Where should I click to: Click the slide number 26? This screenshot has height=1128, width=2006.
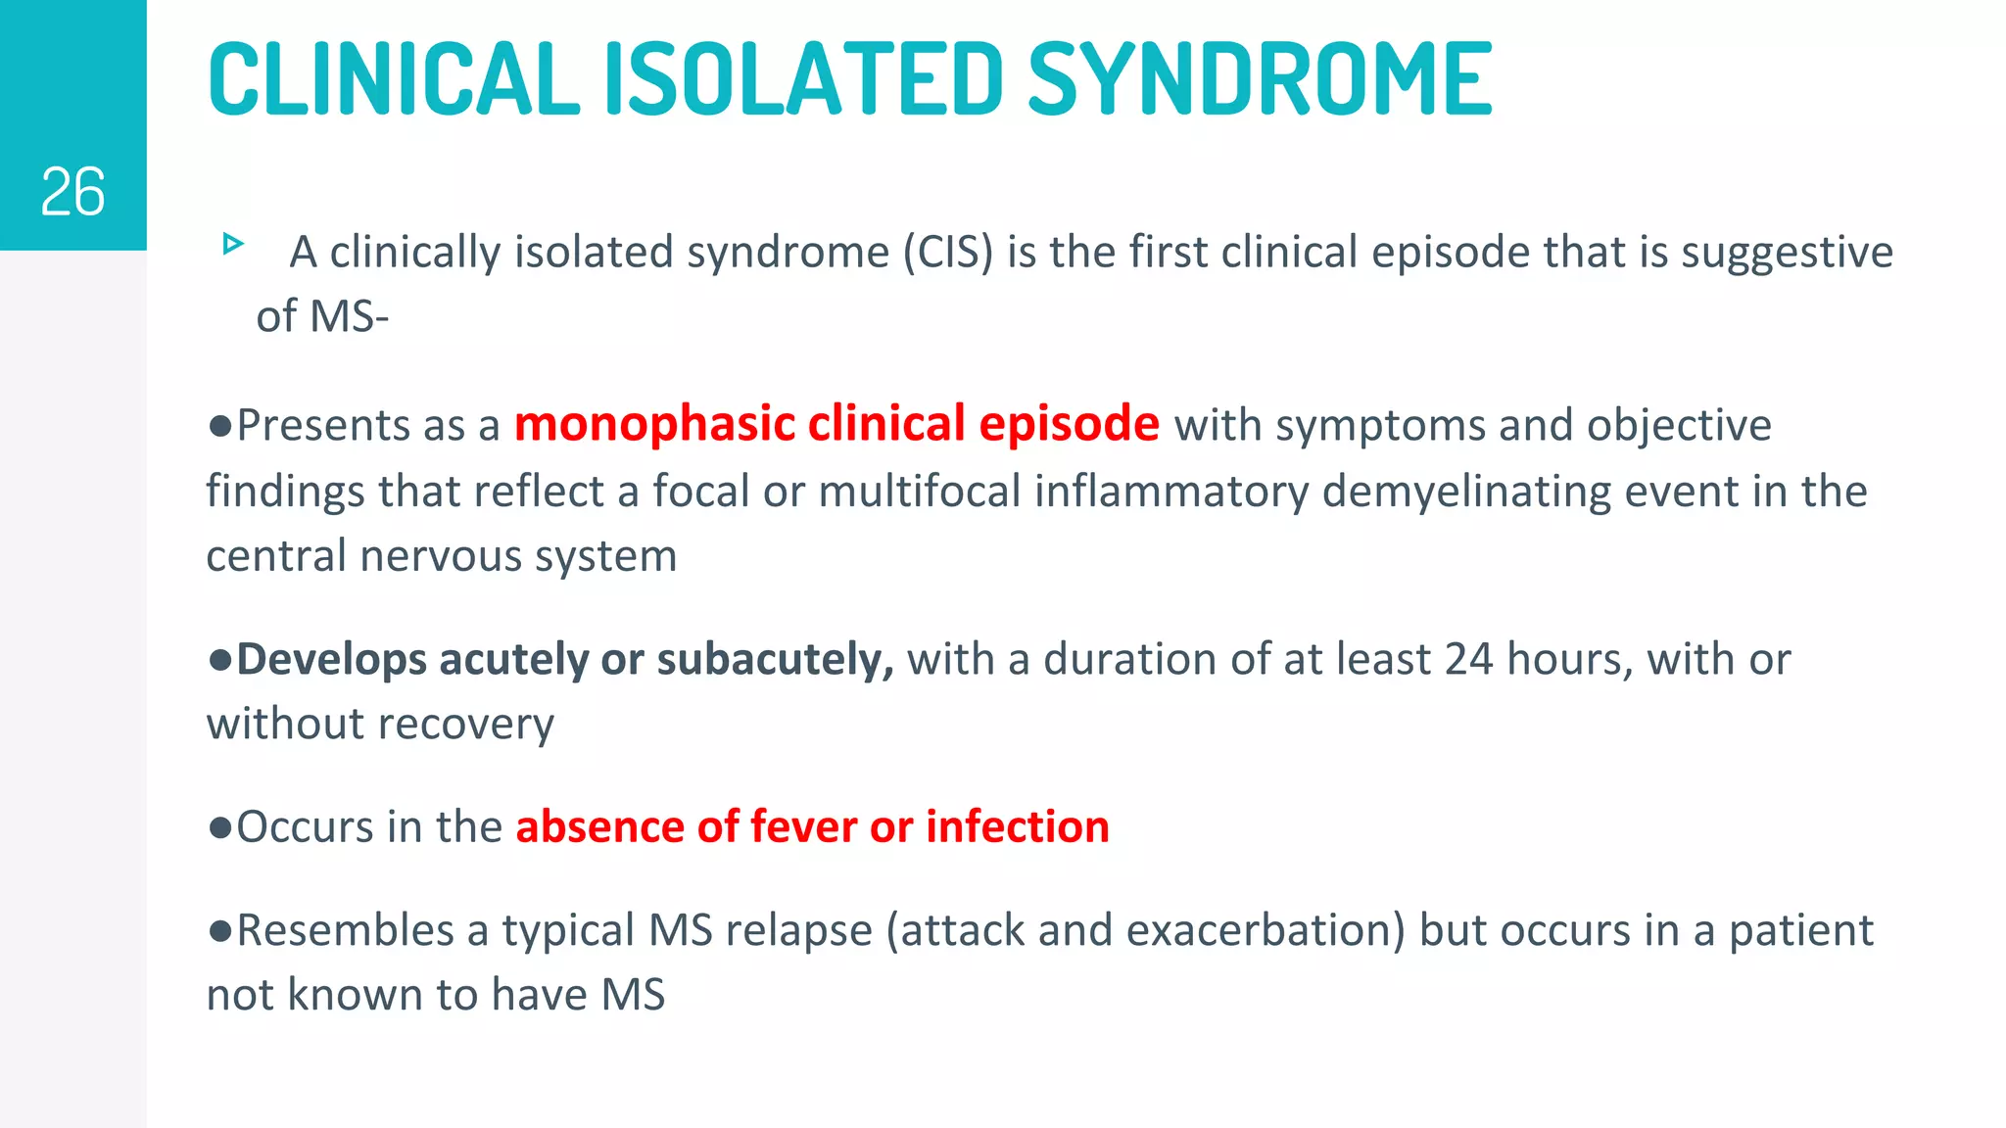click(x=72, y=192)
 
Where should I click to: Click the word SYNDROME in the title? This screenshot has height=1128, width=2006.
click(x=1260, y=80)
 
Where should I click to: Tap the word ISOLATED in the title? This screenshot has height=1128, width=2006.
click(x=803, y=80)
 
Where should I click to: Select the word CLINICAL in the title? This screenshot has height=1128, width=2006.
click(x=394, y=80)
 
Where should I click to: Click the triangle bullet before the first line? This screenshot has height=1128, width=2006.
click(x=233, y=243)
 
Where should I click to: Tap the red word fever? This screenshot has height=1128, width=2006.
click(x=803, y=826)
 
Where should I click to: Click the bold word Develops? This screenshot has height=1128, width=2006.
click(x=331, y=660)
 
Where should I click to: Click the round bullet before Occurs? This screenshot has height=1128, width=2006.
click(x=219, y=827)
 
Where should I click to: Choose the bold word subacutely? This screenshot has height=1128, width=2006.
click(x=775, y=660)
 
